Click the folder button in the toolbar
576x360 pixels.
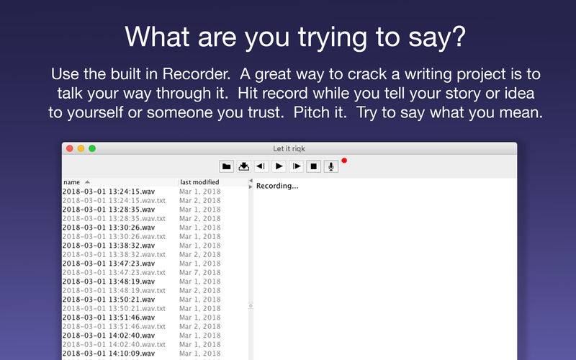point(226,166)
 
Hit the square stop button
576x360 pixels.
point(313,166)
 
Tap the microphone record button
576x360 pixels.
point(331,166)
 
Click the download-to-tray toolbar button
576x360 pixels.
point(243,166)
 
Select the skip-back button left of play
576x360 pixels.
point(261,166)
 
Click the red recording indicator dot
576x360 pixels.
point(344,161)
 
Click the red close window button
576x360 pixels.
point(69,148)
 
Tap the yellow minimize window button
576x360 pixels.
point(81,148)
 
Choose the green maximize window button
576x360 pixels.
point(92,148)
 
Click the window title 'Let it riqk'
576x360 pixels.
point(289,149)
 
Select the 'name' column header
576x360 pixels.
point(71,182)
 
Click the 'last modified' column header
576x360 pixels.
point(199,182)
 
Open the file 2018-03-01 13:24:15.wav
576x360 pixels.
point(109,192)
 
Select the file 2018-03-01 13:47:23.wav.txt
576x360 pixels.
point(114,273)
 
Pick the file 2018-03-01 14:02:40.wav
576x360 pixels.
point(109,336)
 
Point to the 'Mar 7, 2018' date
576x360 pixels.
point(200,273)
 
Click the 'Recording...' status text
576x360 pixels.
point(277,186)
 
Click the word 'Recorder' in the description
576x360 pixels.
point(196,74)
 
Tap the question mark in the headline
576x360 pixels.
point(459,37)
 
